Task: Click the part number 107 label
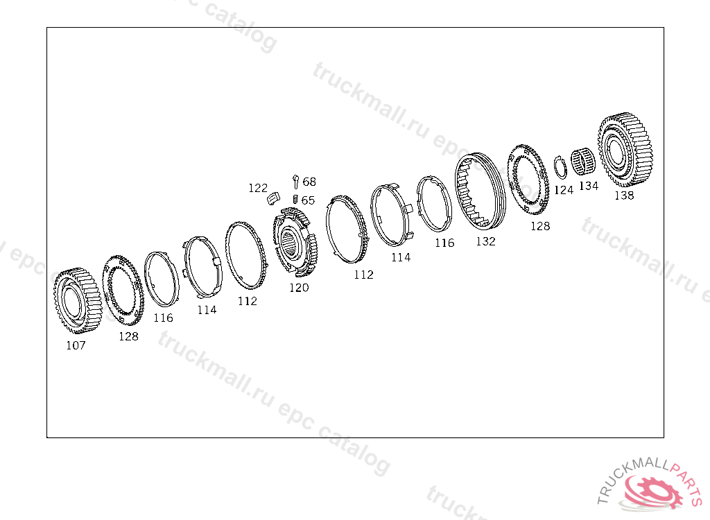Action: [x=76, y=345]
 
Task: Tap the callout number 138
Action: [x=624, y=196]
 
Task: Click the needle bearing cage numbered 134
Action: [x=582, y=162]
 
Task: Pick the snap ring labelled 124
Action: [x=561, y=168]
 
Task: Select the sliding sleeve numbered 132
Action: [x=480, y=191]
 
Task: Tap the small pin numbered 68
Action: [x=295, y=181]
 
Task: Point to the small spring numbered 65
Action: [x=295, y=199]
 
